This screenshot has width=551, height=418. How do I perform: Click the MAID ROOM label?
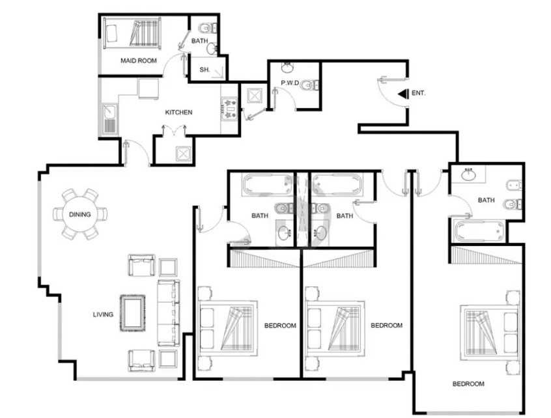(139, 61)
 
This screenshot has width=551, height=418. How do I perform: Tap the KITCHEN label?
(178, 113)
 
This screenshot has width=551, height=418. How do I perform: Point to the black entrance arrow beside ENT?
(403, 94)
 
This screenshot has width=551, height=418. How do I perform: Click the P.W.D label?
(290, 83)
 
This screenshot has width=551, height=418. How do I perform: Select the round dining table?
(79, 214)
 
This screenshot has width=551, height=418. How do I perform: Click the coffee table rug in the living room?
(132, 313)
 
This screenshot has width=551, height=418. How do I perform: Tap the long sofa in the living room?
(168, 313)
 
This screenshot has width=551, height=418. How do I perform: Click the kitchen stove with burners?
(229, 108)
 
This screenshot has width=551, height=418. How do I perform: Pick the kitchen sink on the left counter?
(110, 118)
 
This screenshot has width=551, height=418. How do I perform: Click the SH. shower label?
(204, 70)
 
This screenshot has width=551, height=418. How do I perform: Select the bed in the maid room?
(132, 33)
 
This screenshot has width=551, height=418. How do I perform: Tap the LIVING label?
(103, 314)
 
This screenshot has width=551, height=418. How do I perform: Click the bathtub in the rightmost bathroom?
(479, 231)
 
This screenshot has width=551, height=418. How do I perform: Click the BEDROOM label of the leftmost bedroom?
(280, 326)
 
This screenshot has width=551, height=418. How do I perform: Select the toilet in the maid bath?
(207, 27)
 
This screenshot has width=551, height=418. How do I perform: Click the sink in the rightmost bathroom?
(468, 174)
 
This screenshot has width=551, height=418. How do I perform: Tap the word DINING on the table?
(79, 214)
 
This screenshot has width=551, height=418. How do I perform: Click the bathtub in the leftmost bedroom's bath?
(267, 184)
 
